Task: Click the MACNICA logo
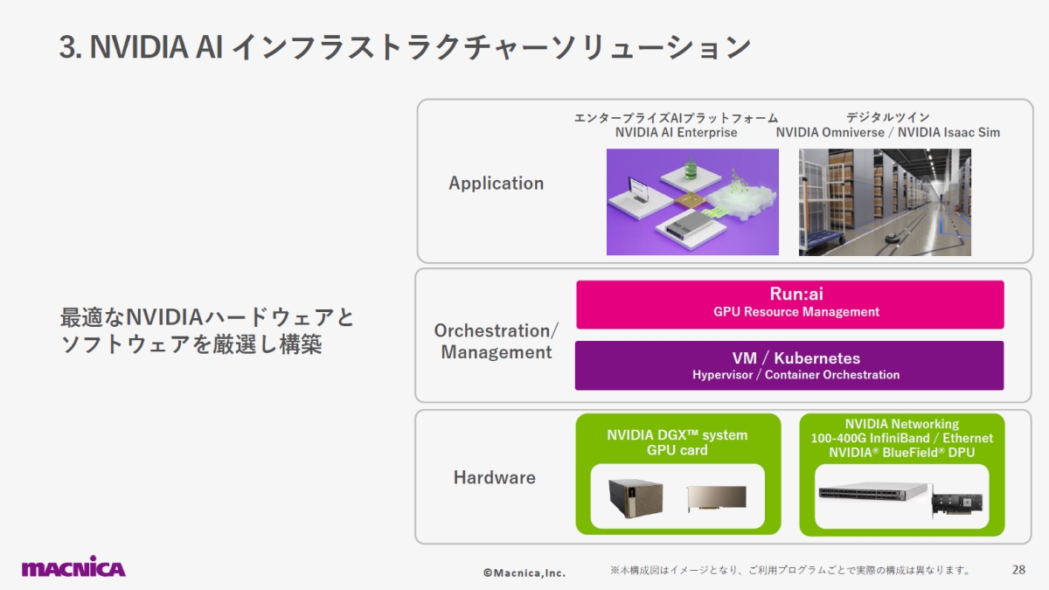[73, 566]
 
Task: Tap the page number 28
[1018, 570]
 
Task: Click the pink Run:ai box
[789, 303]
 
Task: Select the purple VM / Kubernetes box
[789, 365]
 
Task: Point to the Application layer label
[496, 184]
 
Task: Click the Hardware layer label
[494, 478]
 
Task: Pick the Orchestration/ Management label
[496, 342]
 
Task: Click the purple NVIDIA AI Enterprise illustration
[692, 202]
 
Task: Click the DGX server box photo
[636, 497]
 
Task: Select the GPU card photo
[715, 498]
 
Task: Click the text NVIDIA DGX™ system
[677, 435]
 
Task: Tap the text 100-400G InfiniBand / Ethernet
[901, 438]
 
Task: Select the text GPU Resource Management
[795, 312]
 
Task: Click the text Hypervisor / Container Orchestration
[795, 375]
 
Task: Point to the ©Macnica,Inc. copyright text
[524, 573]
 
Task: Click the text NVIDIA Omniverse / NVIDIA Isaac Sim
[887, 133]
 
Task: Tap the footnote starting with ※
[790, 571]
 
